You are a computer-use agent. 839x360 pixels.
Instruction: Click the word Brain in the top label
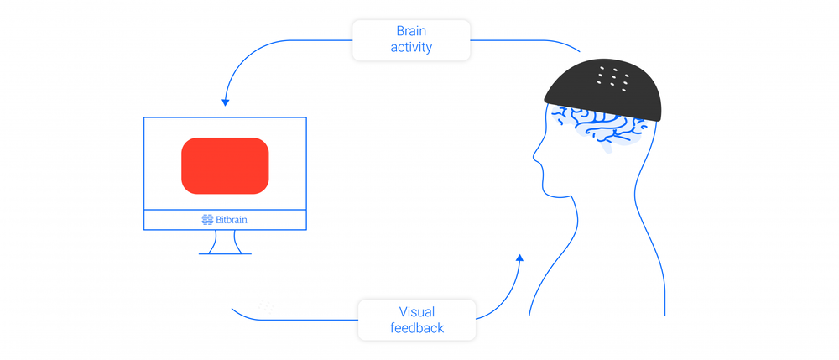coord(411,31)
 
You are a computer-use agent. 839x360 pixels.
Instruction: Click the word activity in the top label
coord(411,48)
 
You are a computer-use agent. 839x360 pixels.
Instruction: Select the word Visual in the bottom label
coord(417,311)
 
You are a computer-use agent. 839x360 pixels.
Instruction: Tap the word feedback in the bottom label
coord(417,328)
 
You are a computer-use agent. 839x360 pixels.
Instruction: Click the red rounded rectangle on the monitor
coord(225,165)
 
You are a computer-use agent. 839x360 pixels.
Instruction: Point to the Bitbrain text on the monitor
coord(232,220)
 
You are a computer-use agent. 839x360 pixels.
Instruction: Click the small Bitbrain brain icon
coord(207,220)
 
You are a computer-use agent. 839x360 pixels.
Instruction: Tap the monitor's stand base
coord(225,253)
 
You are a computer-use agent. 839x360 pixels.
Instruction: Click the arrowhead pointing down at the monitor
coord(225,102)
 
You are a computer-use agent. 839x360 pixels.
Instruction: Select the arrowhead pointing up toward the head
coord(520,259)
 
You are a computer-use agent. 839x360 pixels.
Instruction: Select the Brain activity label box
coord(411,39)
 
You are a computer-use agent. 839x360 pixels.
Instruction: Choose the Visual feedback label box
coord(417,320)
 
